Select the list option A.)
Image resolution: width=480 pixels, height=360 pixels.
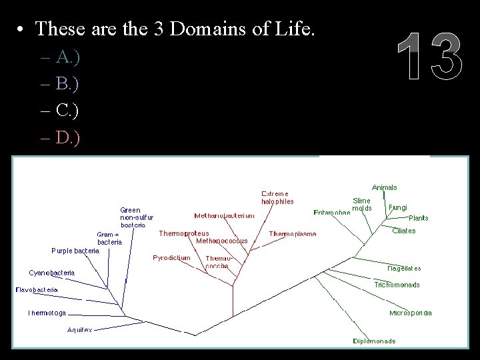pos(69,58)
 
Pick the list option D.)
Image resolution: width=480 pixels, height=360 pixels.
pos(69,139)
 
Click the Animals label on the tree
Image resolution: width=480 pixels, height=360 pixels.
pos(385,188)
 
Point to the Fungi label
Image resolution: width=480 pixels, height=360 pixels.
pos(398,207)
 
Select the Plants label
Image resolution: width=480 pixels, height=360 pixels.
pos(419,218)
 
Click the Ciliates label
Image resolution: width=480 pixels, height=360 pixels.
pos(404,231)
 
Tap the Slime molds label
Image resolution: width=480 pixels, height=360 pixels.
pos(362,204)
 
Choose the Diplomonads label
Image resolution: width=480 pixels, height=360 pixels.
pos(375,341)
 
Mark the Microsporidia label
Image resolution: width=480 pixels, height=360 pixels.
pos(411,313)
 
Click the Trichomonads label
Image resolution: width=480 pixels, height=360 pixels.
pos(397,285)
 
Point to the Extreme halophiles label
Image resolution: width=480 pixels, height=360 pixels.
pos(277,197)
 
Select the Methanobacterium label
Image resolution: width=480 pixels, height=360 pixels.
pos(224,215)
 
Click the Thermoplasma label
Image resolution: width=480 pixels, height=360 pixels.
pos(293,234)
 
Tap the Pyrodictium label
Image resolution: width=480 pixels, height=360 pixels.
pos(171,257)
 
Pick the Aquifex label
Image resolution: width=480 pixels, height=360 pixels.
pos(80,330)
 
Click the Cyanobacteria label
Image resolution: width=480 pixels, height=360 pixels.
pos(52,273)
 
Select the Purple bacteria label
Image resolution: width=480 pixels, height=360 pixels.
pos(75,251)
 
